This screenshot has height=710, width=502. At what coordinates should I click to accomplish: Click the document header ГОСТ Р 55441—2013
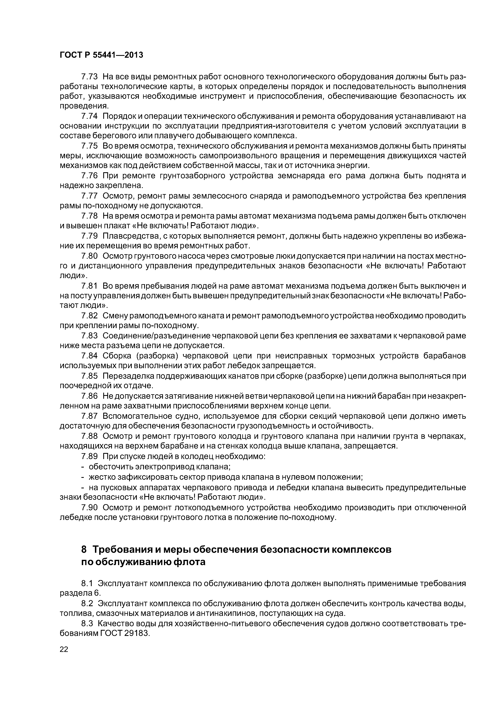coord(101,55)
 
